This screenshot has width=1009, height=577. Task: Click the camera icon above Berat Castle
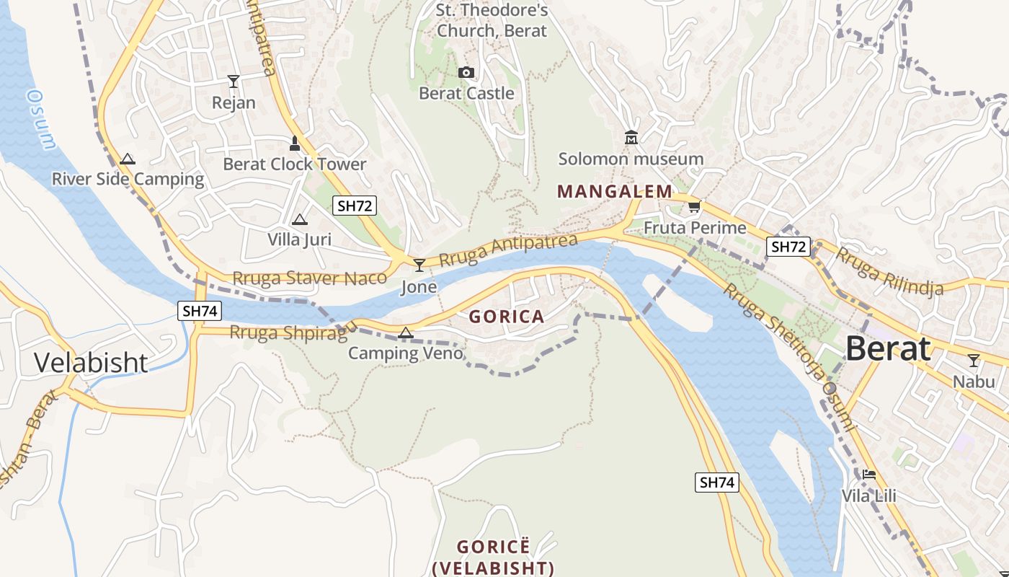[x=466, y=72]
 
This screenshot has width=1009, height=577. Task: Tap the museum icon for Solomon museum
[x=631, y=137]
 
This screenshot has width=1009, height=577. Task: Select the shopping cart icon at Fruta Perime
[x=694, y=207]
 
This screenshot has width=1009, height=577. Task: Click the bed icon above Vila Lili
[x=868, y=475]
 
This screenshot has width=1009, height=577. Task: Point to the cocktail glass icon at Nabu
[x=974, y=360]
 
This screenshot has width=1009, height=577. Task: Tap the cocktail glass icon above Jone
[x=419, y=265]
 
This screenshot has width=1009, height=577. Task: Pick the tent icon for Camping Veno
[x=405, y=332]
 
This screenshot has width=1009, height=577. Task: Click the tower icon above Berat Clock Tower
[x=294, y=143]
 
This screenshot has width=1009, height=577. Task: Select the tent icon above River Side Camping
[x=128, y=159]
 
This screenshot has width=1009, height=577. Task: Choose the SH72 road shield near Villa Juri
[x=355, y=206]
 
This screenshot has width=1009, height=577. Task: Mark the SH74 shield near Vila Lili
[x=717, y=483]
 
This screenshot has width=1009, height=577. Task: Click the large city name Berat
[x=887, y=348]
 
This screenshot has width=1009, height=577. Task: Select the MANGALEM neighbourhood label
[x=614, y=191]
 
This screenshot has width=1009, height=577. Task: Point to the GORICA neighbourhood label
[x=507, y=316]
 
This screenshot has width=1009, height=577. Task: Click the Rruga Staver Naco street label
[x=309, y=278]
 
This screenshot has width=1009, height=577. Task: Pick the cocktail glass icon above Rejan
[x=233, y=81]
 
